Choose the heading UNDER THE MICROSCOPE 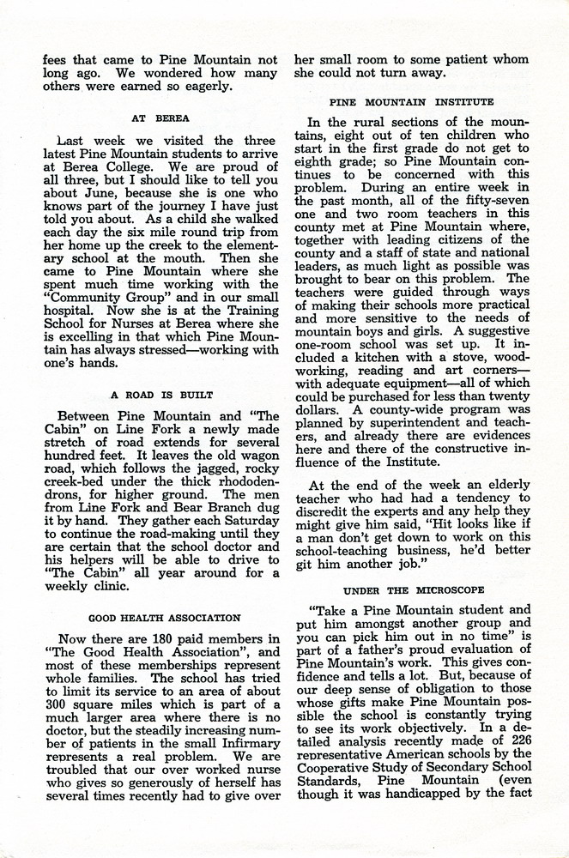coord(414,590)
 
